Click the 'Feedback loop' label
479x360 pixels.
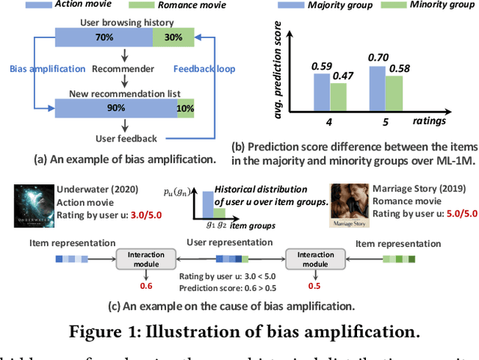204,69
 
